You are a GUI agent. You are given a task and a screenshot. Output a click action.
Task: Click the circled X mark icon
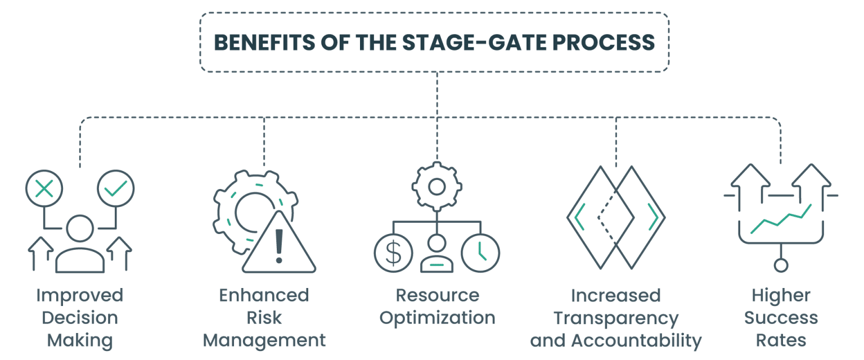coord(44,189)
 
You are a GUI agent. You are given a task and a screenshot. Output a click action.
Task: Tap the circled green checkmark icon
coord(116,189)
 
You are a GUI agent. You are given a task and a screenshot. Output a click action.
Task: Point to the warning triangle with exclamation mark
coord(278,244)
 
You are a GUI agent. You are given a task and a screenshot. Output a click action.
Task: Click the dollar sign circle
coord(393,253)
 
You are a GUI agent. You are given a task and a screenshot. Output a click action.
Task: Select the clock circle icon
coord(480,253)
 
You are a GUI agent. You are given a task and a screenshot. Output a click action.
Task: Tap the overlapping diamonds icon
coord(616,217)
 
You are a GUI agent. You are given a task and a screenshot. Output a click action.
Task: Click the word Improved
coord(79,295)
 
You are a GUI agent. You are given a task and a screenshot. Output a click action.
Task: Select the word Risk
coord(264,318)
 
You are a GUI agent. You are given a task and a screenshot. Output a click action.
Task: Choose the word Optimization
coord(437,318)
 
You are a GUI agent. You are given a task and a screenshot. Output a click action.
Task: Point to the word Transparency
coord(616,318)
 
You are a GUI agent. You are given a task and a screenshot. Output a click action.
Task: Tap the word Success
coord(781,318)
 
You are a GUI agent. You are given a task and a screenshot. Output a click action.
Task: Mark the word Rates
coord(781,340)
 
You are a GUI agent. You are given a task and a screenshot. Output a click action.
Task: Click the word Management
coord(264,340)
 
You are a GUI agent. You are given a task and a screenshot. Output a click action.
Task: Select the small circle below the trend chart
coord(781,265)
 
